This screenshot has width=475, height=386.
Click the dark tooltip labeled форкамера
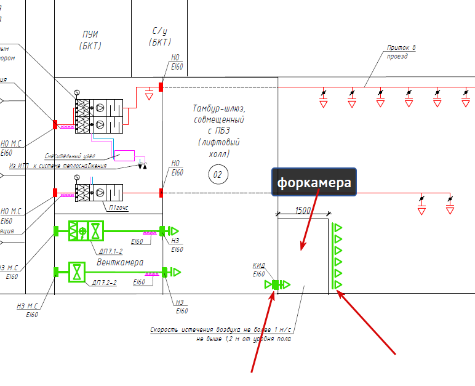(x=314, y=182)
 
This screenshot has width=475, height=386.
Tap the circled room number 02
(x=217, y=175)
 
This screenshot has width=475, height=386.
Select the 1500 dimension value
(x=303, y=210)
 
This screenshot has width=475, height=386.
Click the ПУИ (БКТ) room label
(x=90, y=39)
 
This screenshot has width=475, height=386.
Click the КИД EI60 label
(x=259, y=270)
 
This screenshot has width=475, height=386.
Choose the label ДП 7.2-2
(x=104, y=282)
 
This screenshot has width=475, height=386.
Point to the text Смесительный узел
(x=73, y=156)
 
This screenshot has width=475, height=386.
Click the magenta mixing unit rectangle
(x=124, y=155)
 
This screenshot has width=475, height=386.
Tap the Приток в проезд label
(x=401, y=51)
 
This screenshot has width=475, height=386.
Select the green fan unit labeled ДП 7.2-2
(x=76, y=271)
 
